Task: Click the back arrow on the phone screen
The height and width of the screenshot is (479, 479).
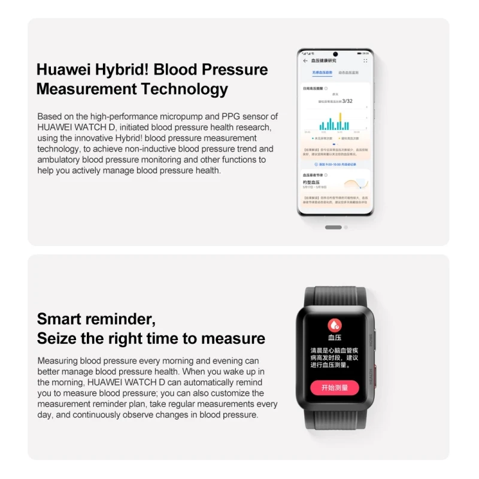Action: [305, 60]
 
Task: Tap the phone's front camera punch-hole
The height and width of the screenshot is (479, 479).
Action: [335, 54]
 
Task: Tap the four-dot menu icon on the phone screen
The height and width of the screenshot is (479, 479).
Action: [365, 60]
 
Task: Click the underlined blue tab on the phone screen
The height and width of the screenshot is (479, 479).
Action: [322, 72]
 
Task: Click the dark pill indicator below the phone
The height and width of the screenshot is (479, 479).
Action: [333, 228]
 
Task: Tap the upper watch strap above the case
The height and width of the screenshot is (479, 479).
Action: [335, 296]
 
